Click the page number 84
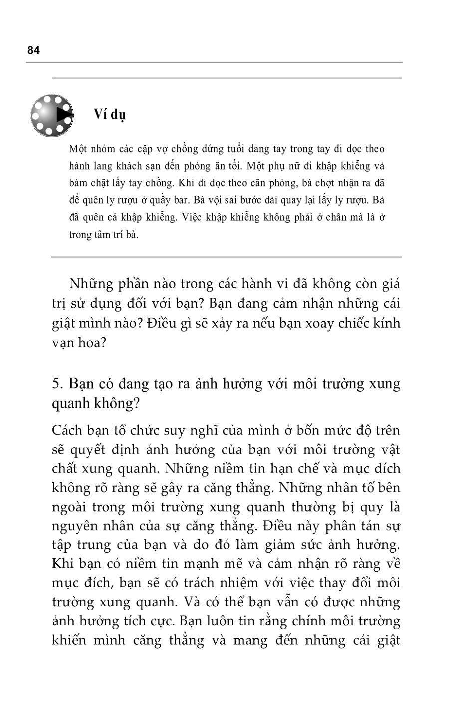point(33,50)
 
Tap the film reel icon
point(52,115)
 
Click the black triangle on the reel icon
point(63,115)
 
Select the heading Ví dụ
point(110,114)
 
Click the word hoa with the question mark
point(93,343)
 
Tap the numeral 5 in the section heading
point(56,384)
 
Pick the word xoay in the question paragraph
point(311,323)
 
